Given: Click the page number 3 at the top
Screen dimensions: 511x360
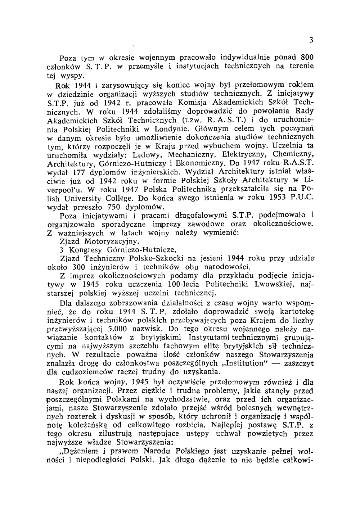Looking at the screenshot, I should tap(310, 40).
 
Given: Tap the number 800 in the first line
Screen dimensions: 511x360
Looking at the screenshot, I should tap(307, 58).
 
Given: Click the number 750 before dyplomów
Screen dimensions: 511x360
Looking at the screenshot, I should tap(115, 207).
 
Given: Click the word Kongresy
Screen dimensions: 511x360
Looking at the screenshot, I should tap(86, 250).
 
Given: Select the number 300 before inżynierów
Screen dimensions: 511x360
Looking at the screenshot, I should tap(78, 267).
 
